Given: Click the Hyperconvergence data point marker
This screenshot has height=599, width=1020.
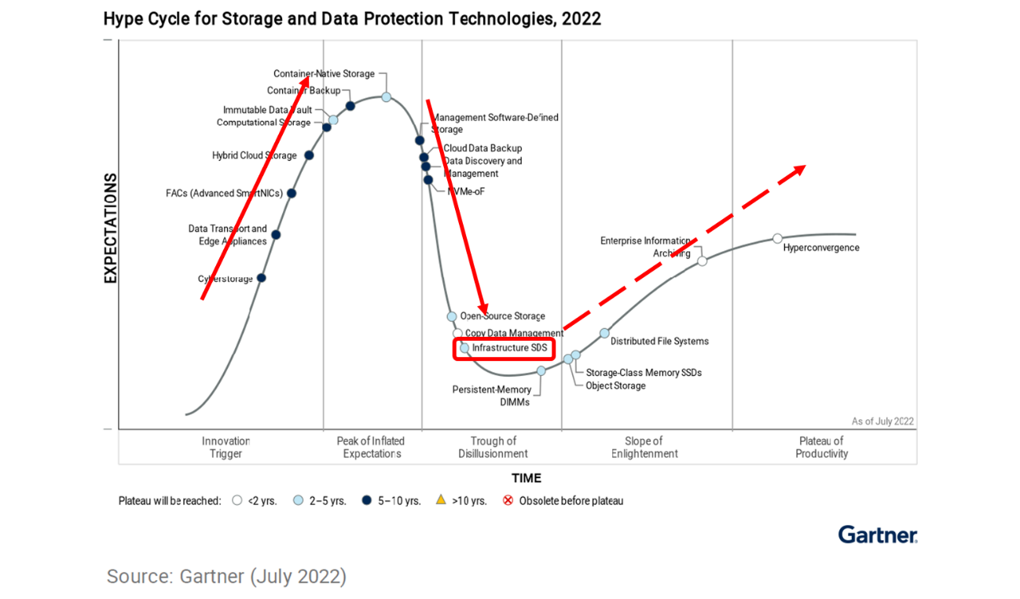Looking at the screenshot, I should pos(777,238).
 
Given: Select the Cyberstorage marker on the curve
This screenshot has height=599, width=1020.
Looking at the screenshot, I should pos(261,277).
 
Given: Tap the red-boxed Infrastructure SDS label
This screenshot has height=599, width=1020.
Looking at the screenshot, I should pos(504,348).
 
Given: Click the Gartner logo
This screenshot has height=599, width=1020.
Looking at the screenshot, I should pos(877,535).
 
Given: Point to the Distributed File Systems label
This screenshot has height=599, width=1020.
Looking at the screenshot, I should pos(659,341).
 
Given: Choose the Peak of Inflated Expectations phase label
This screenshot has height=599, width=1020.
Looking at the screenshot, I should pos(372,447).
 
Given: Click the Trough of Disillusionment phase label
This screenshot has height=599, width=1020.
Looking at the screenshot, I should pos(493,447).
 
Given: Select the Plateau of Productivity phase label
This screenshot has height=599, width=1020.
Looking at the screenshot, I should pos(821,447).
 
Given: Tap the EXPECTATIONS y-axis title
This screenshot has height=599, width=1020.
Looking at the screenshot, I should pos(110,228).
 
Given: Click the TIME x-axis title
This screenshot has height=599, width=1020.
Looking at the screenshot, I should pos(526,478).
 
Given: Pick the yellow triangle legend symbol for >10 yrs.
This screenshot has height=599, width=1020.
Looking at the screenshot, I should pos(440,499).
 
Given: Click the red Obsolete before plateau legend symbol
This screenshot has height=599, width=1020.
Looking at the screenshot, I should pos(508,500).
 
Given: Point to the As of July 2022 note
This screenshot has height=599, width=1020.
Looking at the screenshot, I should pos(882,422).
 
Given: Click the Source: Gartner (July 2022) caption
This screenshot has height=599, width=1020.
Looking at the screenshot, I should pos(226,576).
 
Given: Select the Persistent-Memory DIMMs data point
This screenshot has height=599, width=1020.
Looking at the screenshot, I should pos(541,371).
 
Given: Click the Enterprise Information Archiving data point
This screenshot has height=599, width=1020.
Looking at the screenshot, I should pos(702,261).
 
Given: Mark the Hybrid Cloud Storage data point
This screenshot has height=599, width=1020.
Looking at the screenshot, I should pos(309,155).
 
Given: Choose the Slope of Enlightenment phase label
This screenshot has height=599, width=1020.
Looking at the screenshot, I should pos(644,447).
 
